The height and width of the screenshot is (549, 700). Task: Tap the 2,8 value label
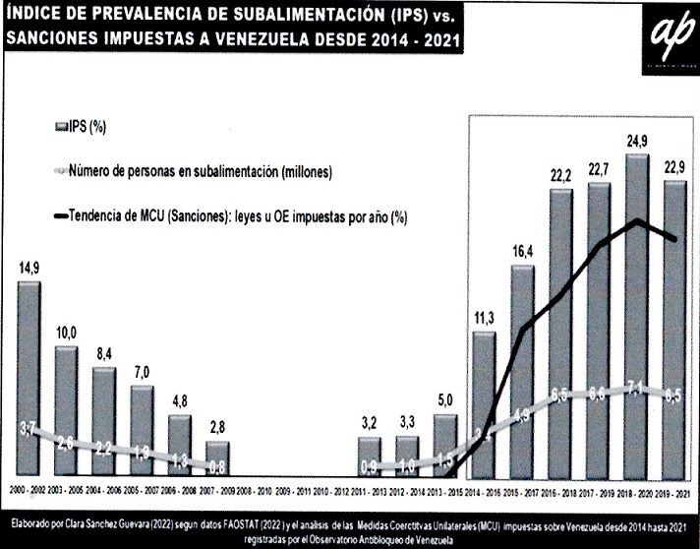[218, 427]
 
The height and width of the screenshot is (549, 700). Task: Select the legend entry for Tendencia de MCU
[236, 216]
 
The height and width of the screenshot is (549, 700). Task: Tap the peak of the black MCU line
[637, 220]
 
